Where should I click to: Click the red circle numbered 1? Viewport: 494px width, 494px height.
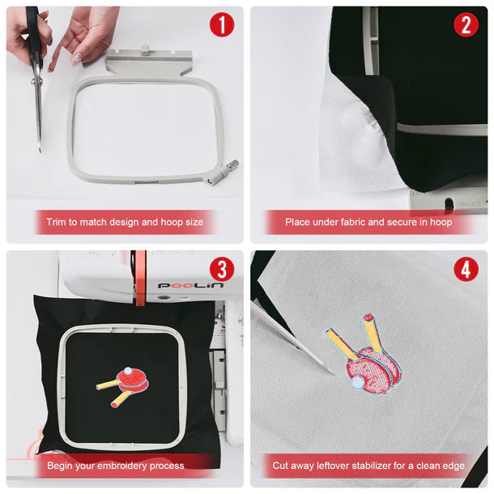click(222, 25)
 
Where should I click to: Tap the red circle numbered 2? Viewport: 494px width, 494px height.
click(466, 25)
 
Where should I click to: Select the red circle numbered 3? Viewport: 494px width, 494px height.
click(222, 270)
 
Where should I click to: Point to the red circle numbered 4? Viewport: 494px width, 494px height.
click(466, 270)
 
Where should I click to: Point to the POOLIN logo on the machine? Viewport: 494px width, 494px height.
click(190, 285)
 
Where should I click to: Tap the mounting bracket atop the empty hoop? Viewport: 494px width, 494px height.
click(149, 62)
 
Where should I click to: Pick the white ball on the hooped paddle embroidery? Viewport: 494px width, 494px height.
click(128, 371)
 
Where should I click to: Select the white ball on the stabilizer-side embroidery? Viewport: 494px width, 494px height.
click(357, 381)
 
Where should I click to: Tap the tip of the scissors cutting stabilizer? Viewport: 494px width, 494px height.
click(334, 374)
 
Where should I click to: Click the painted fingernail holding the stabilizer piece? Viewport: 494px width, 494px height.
click(77, 58)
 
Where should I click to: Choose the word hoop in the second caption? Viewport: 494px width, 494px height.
click(441, 222)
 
